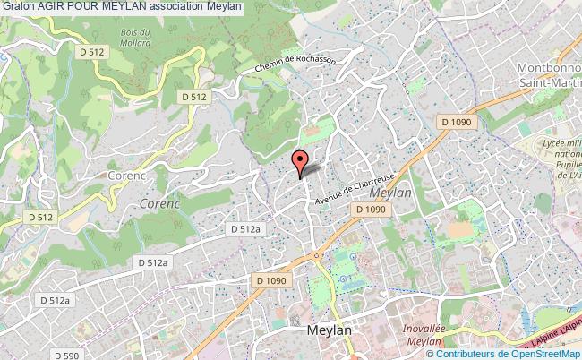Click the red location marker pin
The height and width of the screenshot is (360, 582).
[x=299, y=163]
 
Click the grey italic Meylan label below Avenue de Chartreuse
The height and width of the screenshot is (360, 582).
[x=390, y=192]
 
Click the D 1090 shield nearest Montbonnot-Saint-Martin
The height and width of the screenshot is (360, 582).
[x=456, y=119]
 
